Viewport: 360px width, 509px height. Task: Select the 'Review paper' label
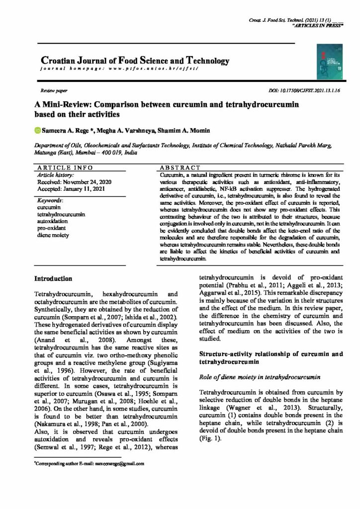pos(54,92)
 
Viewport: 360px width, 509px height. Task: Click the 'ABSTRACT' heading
pos(180,168)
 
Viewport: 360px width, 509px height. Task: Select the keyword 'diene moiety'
pos(54,235)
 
